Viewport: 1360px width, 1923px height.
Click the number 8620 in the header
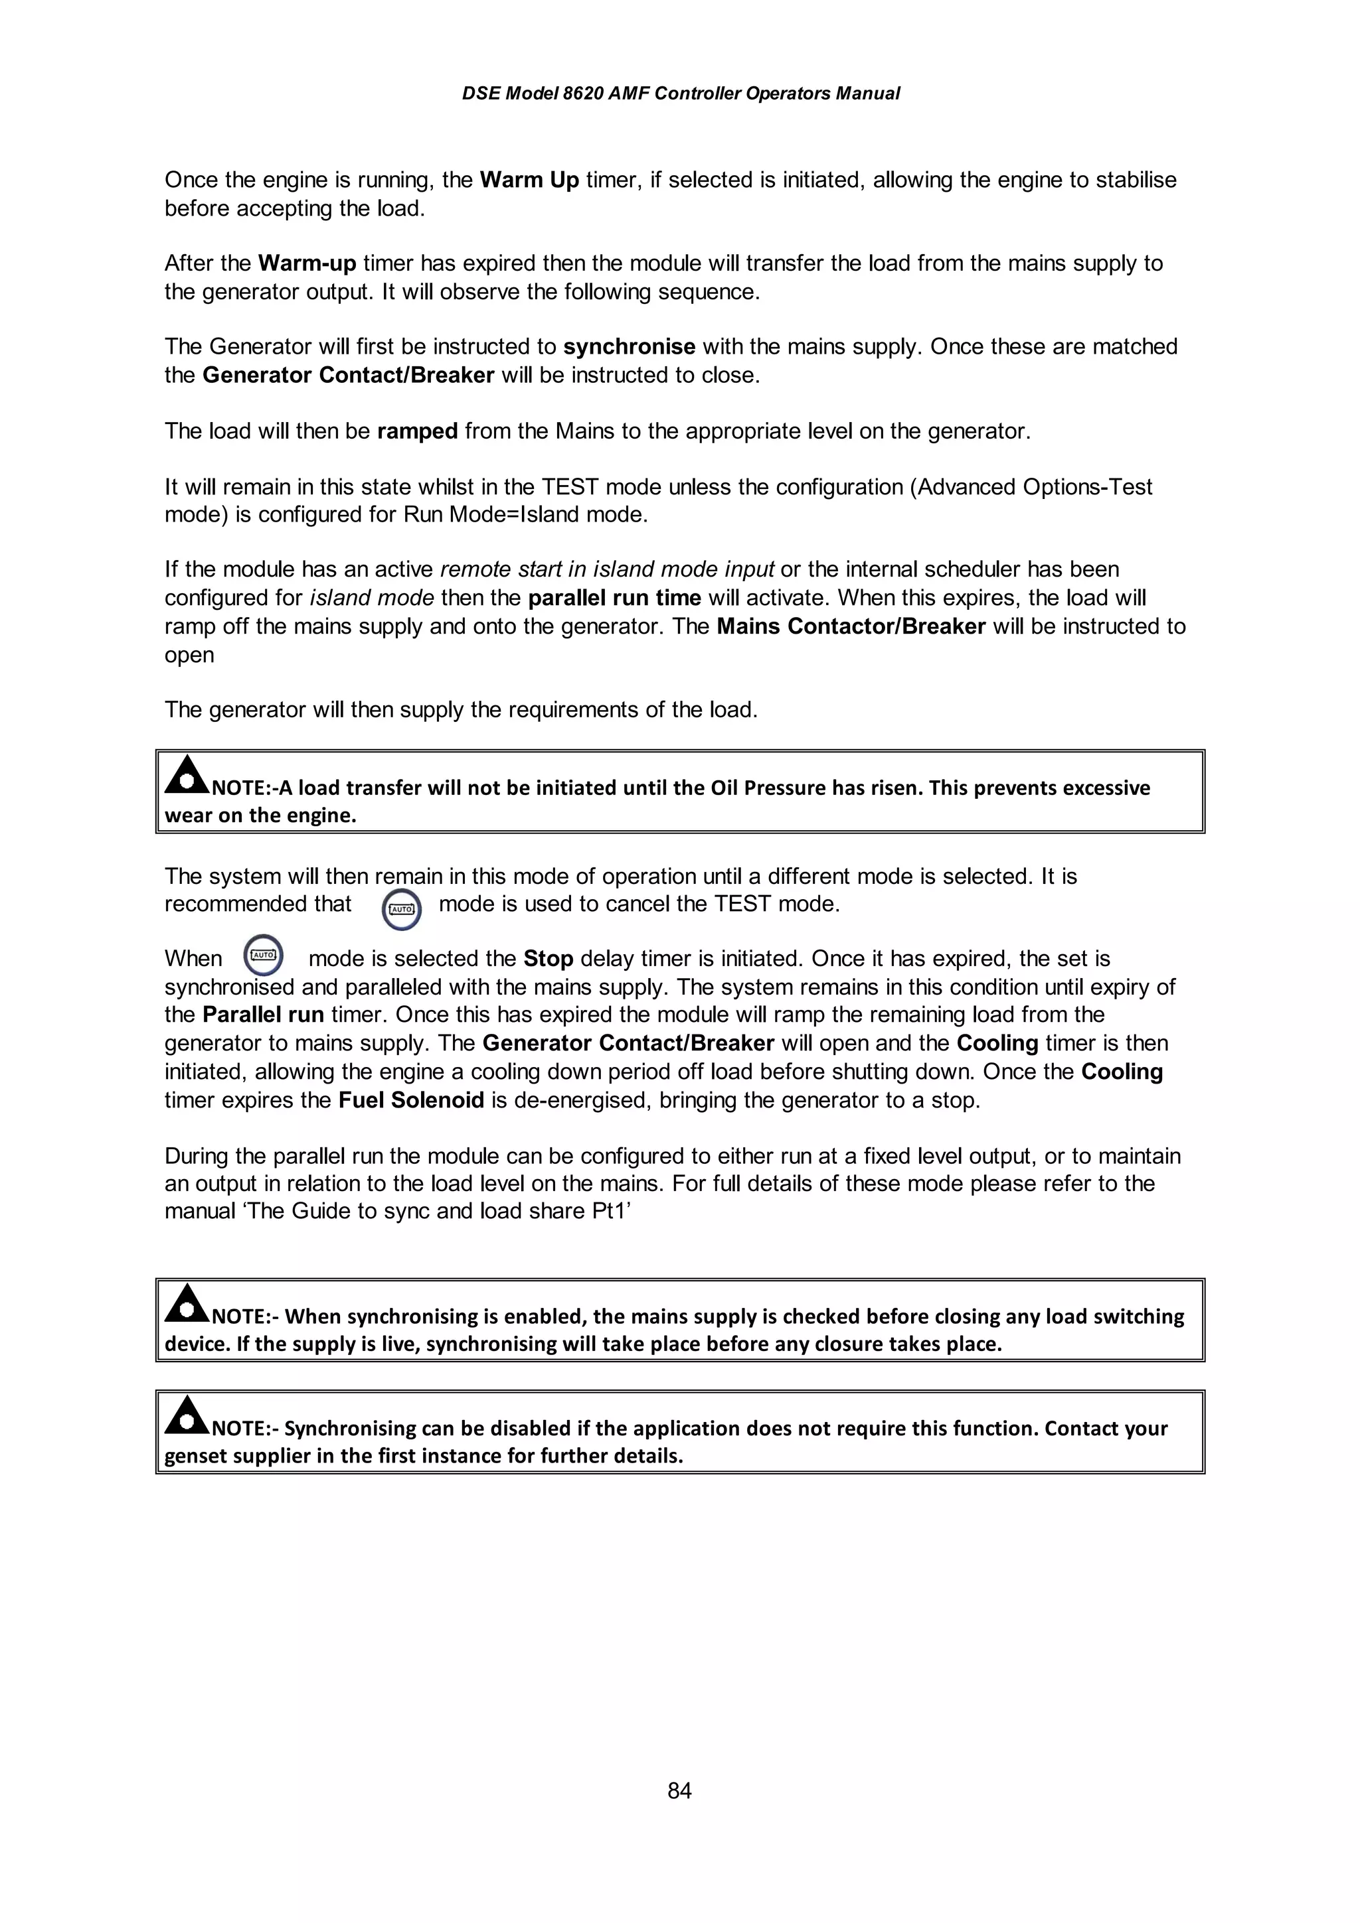(582, 94)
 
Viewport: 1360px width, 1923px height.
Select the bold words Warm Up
(529, 180)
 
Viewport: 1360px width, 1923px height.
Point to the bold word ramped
(417, 431)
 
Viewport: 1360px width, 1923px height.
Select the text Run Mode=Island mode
(525, 514)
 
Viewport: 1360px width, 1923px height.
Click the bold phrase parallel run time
(614, 598)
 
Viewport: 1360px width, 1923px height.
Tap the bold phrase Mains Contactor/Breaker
(851, 626)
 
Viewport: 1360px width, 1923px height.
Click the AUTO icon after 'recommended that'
(401, 908)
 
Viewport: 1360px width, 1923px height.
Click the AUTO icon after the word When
(263, 955)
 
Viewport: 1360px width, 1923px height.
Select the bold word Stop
(548, 958)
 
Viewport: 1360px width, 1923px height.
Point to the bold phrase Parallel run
(263, 1015)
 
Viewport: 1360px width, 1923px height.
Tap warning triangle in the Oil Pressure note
(187, 776)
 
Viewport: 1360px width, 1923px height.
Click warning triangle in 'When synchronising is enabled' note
(187, 1304)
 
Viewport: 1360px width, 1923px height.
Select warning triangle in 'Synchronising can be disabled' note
(187, 1415)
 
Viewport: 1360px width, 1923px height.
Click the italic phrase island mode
(371, 598)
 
